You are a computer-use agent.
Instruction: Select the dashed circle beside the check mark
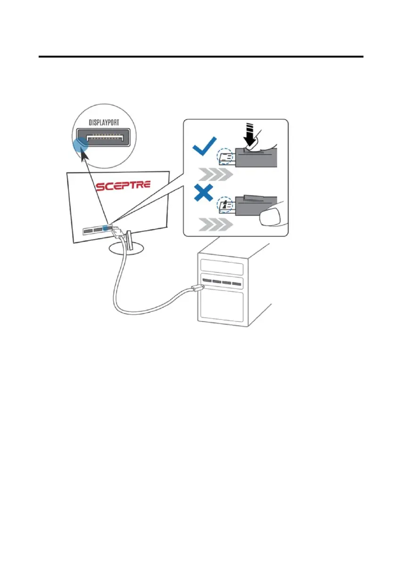coord(224,157)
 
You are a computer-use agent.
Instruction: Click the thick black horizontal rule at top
coord(201,57)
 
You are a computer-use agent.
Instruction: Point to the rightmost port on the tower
coord(236,285)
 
